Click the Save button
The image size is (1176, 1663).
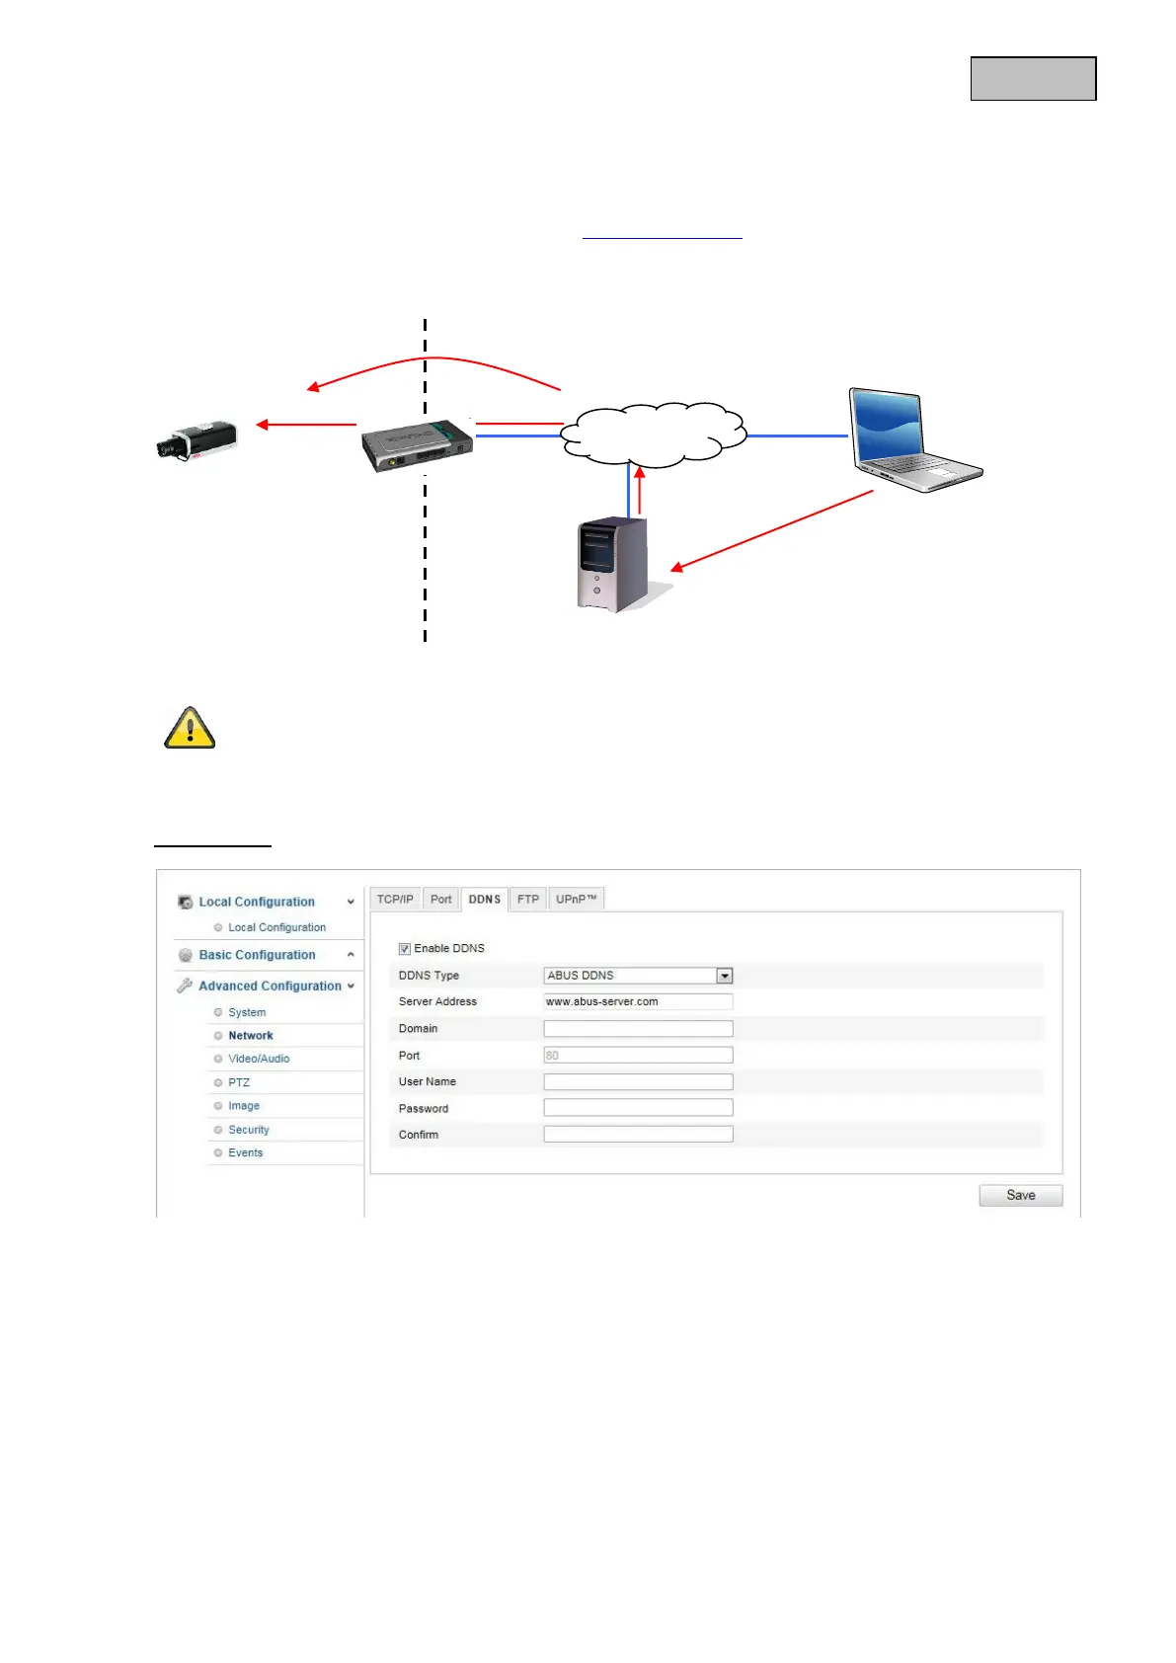tap(1020, 1195)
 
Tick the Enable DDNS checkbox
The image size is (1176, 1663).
tap(405, 949)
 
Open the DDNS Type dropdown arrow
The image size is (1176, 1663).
tap(725, 976)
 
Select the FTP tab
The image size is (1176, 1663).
tap(528, 900)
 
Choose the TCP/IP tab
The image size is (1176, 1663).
tap(395, 900)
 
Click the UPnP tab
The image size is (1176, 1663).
tap(577, 900)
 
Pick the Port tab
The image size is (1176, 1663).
tap(440, 900)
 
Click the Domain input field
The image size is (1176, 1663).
tap(638, 1029)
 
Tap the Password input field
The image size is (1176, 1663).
tap(638, 1108)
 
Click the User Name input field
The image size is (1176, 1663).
tap(638, 1081)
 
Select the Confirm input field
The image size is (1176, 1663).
tap(638, 1135)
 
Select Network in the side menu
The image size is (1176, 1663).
tap(251, 1036)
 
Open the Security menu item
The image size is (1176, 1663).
tap(249, 1130)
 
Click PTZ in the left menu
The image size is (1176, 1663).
tap(239, 1082)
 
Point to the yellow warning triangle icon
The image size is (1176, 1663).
tap(190, 729)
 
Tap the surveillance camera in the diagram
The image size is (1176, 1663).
tap(197, 439)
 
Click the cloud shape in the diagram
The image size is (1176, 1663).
tap(654, 435)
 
